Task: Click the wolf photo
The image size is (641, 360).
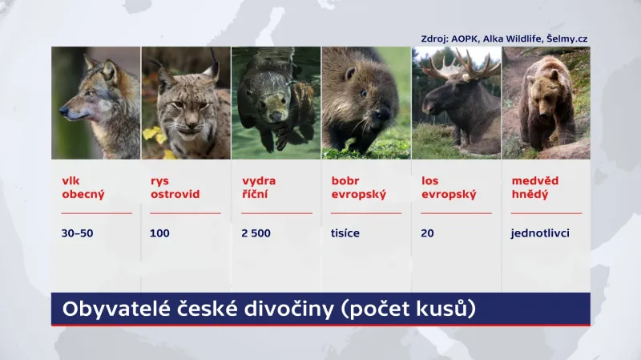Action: click(96, 103)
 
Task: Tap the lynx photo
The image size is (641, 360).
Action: click(186, 103)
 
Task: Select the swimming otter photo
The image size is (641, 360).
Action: click(276, 103)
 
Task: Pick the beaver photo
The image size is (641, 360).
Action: click(366, 103)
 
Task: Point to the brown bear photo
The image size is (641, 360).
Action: click(546, 103)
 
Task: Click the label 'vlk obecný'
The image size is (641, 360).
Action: click(83, 187)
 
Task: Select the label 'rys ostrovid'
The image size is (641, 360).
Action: click(174, 187)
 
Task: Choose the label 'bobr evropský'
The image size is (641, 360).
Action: click(359, 187)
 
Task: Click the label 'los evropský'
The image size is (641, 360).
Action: click(449, 187)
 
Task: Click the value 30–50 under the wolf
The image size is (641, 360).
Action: click(77, 234)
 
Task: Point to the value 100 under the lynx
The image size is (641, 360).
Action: click(159, 234)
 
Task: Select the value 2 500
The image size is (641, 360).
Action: click(256, 234)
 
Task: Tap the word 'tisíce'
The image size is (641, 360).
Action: click(345, 234)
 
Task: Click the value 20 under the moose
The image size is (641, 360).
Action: click(428, 234)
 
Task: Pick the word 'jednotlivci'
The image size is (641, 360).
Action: click(539, 234)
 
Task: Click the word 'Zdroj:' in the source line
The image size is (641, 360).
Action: click(436, 38)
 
